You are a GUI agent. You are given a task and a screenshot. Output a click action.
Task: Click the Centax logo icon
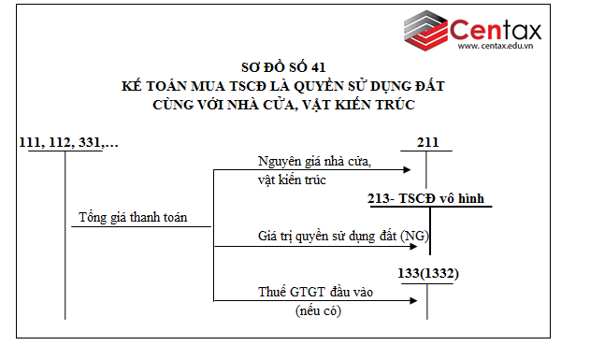tap(426, 34)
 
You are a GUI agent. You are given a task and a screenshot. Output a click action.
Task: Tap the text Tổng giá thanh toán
tap(133, 218)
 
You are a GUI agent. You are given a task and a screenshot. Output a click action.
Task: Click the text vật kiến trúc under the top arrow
tap(292, 180)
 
